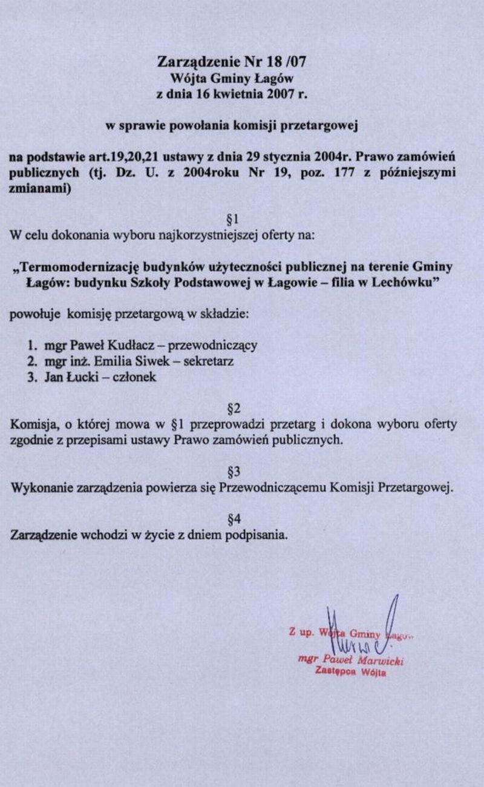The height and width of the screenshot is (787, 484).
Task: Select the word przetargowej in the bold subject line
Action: pos(327,127)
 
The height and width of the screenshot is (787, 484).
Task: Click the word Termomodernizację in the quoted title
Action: pos(81,267)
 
